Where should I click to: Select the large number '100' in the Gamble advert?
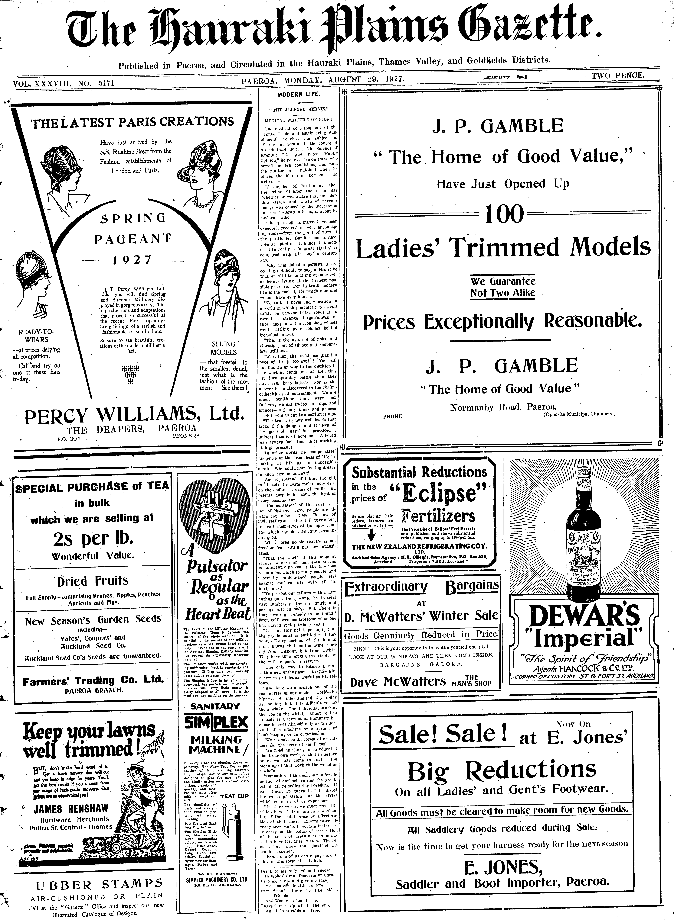pyautogui.click(x=504, y=214)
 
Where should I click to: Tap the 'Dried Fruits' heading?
pyautogui.click(x=93, y=580)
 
